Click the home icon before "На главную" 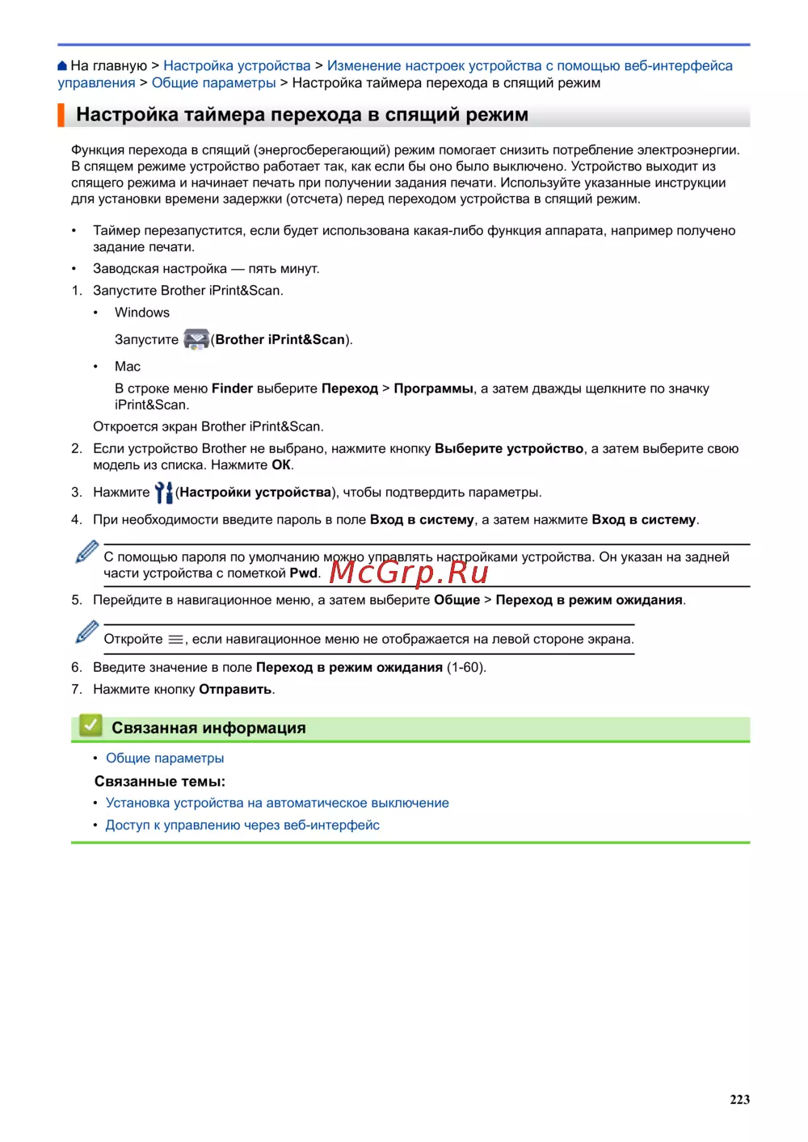62,66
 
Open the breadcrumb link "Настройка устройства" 237,66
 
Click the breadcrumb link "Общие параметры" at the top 213,83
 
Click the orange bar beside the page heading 61,115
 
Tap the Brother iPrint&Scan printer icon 196,339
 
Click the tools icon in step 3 163,492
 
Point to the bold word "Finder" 232,388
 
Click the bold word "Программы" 433,388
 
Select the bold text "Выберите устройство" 509,448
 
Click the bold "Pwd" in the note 303,573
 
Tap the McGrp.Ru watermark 409,572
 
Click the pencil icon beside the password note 86,552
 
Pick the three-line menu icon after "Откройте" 175,640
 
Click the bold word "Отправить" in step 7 235,690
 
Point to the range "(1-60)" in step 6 466,668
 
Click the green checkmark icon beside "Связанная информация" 90,725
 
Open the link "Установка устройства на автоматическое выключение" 277,803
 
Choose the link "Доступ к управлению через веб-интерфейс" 242,825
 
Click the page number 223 739,1099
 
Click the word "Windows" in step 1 142,313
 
